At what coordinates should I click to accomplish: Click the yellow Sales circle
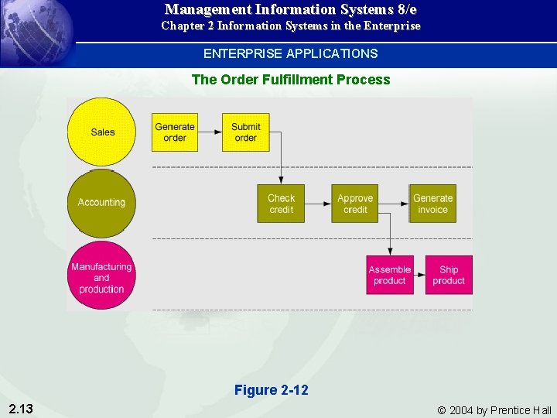pyautogui.click(x=101, y=132)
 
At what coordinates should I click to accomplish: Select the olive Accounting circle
pyautogui.click(x=101, y=203)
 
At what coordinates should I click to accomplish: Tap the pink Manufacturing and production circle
pyautogui.click(x=101, y=276)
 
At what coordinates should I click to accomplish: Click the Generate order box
pyautogui.click(x=175, y=132)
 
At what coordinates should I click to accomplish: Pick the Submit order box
pyautogui.click(x=246, y=132)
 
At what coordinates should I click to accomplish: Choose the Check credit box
pyautogui.click(x=282, y=204)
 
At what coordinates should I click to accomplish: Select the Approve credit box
pyautogui.click(x=355, y=204)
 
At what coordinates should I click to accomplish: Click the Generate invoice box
pyautogui.click(x=432, y=204)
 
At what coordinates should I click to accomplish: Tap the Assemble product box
pyautogui.click(x=390, y=275)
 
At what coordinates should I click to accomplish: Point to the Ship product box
pyautogui.click(x=449, y=275)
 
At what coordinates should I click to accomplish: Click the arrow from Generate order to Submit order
pyautogui.click(x=210, y=132)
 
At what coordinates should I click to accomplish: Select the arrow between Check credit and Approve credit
pyautogui.click(x=318, y=204)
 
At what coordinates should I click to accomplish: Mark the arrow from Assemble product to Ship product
pyautogui.click(x=419, y=275)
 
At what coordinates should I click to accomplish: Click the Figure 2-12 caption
pyautogui.click(x=271, y=390)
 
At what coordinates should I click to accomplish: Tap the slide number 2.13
pyautogui.click(x=20, y=409)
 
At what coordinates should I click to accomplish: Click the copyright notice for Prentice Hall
pyautogui.click(x=494, y=410)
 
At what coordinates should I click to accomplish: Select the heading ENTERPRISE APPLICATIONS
pyautogui.click(x=290, y=54)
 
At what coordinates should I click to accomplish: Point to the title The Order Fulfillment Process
pyautogui.click(x=290, y=80)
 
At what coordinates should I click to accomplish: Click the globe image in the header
pyautogui.click(x=37, y=31)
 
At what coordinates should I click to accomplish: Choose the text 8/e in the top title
pyautogui.click(x=403, y=9)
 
